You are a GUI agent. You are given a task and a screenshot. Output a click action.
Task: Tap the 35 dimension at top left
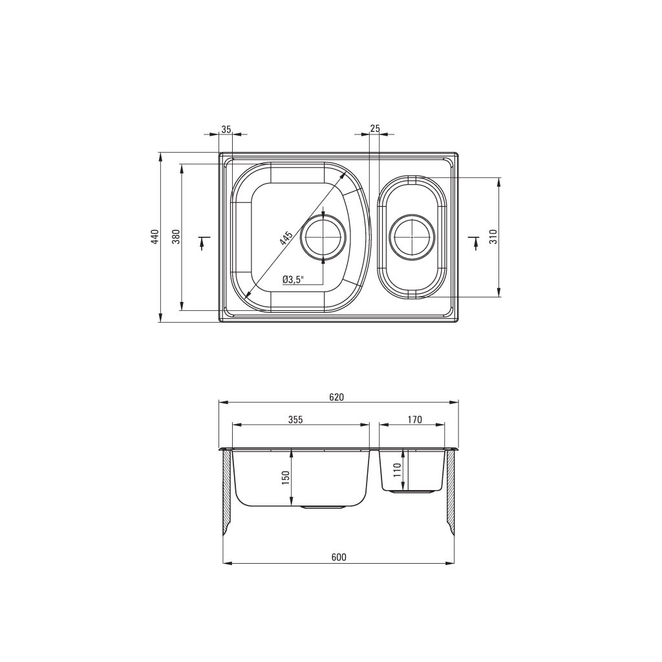click(226, 129)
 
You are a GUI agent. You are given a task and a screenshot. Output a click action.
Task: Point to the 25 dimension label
click(374, 129)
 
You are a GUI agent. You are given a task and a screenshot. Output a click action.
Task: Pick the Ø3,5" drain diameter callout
click(294, 279)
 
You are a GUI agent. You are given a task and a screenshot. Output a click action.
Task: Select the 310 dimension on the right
click(495, 237)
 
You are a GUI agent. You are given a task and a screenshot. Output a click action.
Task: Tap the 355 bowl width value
click(296, 420)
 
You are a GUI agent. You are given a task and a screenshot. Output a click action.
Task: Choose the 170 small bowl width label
click(415, 420)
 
